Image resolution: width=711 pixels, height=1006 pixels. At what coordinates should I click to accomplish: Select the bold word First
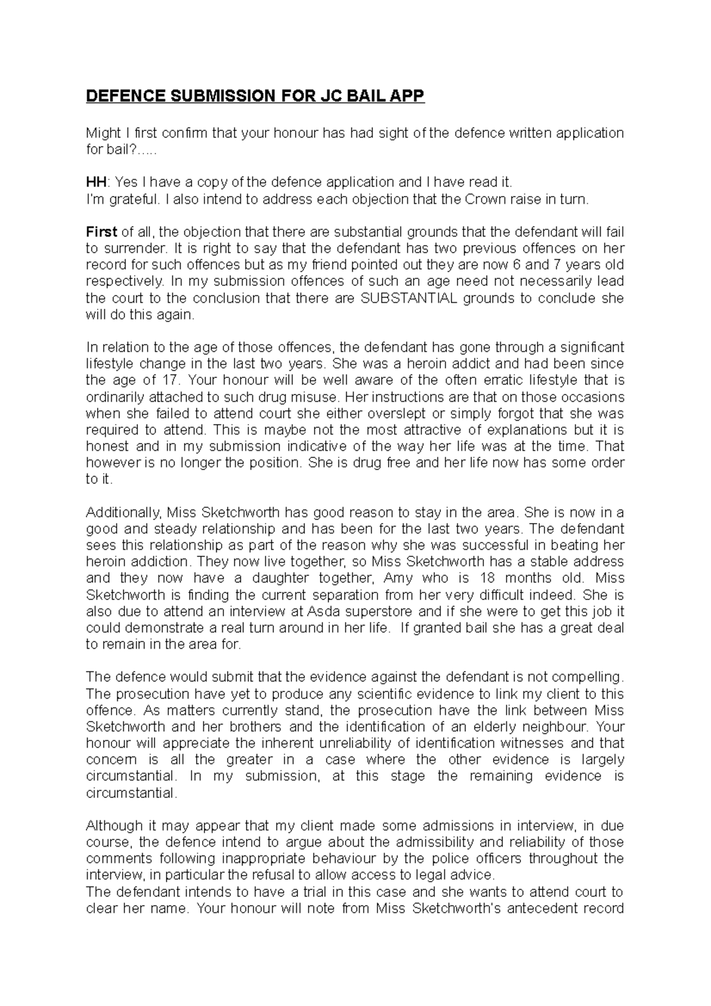point(102,232)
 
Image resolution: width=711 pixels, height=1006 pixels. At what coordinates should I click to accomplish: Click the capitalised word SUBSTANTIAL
point(409,299)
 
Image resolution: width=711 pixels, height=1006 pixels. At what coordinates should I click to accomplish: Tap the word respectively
point(122,281)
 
